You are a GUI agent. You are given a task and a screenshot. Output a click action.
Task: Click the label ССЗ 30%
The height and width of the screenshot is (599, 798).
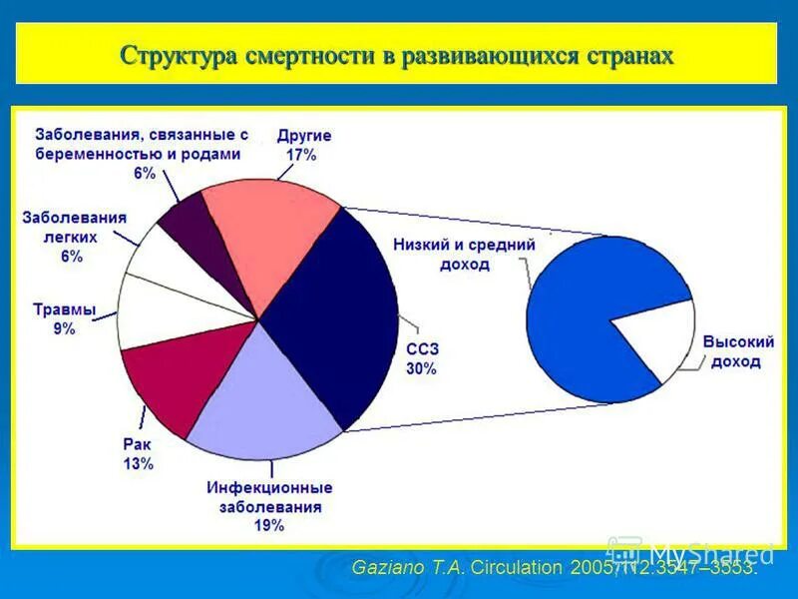click(x=421, y=358)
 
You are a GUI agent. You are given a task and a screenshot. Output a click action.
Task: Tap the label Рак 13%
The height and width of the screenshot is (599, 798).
click(x=138, y=454)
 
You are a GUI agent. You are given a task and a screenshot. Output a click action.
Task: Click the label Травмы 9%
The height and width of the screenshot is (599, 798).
click(x=64, y=319)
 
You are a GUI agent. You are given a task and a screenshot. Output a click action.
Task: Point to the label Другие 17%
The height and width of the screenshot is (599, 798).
click(x=303, y=145)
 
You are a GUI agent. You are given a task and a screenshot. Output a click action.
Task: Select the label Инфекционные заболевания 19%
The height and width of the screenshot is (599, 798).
click(x=269, y=507)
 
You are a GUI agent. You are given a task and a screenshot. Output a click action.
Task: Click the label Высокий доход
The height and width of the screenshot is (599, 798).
click(x=738, y=351)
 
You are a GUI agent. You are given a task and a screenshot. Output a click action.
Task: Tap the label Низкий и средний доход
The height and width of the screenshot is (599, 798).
click(x=464, y=255)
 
